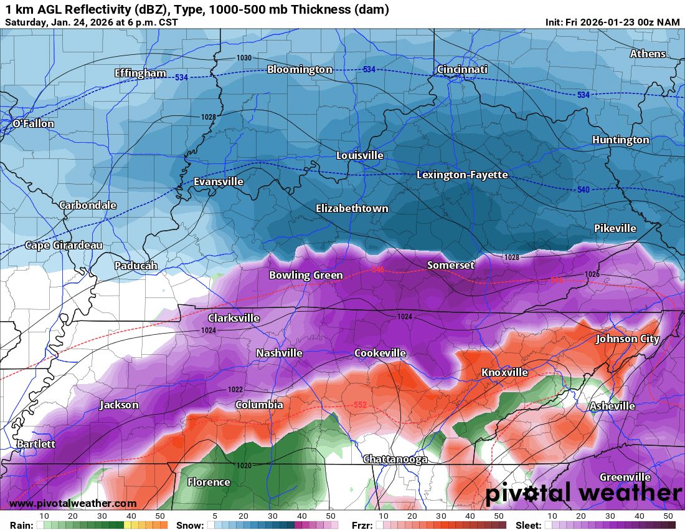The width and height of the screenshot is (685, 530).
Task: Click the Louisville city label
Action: (360, 155)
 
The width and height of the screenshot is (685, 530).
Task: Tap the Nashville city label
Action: (279, 353)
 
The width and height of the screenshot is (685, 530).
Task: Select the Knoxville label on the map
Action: (504, 372)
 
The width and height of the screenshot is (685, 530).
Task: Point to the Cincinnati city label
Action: (461, 69)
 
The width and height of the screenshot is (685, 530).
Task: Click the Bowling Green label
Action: (306, 275)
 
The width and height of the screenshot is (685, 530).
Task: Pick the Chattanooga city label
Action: (395, 459)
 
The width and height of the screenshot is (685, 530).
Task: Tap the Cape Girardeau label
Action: (64, 245)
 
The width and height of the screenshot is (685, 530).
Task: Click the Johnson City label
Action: (627, 339)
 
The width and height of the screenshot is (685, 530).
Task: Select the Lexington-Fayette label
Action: (462, 175)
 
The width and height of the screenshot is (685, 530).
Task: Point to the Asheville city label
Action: (612, 406)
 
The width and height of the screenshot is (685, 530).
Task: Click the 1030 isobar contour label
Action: (244, 58)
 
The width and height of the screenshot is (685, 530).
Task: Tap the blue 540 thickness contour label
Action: (583, 189)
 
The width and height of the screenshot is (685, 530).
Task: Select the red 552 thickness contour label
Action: (360, 405)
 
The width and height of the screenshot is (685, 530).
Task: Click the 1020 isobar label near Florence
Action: (244, 466)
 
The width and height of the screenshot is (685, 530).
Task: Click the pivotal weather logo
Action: (583, 493)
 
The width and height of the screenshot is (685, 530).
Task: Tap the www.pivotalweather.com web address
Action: (73, 503)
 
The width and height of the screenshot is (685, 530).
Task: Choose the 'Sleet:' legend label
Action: (529, 525)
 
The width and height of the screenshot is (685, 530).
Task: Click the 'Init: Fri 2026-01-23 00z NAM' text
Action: (613, 22)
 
